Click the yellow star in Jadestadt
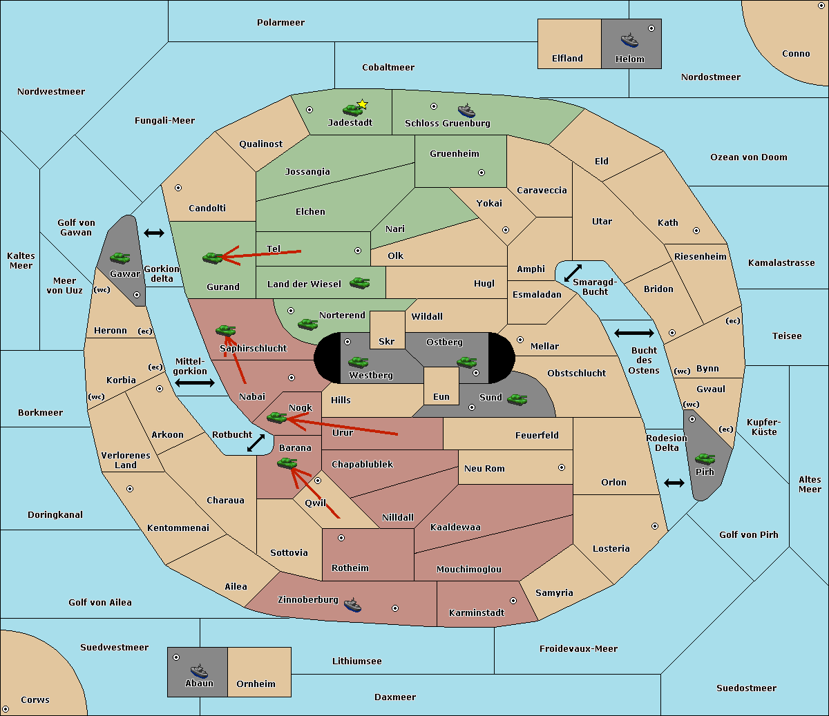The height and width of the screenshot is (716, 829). [362, 104]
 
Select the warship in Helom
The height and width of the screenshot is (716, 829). [629, 41]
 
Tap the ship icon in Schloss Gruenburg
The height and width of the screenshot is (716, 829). [466, 110]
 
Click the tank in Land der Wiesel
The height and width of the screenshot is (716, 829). [359, 282]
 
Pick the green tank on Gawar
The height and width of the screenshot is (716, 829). [120, 258]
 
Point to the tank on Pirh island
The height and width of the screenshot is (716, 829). [705, 458]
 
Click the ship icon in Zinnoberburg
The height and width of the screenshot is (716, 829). [352, 605]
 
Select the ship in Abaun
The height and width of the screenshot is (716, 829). [199, 671]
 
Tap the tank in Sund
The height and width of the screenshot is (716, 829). [517, 399]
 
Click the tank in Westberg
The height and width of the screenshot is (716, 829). [358, 362]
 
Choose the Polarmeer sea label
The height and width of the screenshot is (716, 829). [280, 23]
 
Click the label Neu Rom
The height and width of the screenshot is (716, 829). [484, 468]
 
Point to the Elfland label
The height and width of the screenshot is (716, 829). [567, 59]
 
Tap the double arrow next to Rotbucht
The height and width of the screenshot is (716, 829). [256, 443]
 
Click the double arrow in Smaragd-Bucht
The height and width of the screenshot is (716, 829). [573, 273]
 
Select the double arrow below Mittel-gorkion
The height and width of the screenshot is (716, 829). [195, 383]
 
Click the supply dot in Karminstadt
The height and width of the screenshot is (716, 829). [513, 601]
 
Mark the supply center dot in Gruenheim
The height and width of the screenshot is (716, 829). [482, 173]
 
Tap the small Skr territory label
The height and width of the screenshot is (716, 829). [386, 341]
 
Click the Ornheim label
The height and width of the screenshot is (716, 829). [256, 684]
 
